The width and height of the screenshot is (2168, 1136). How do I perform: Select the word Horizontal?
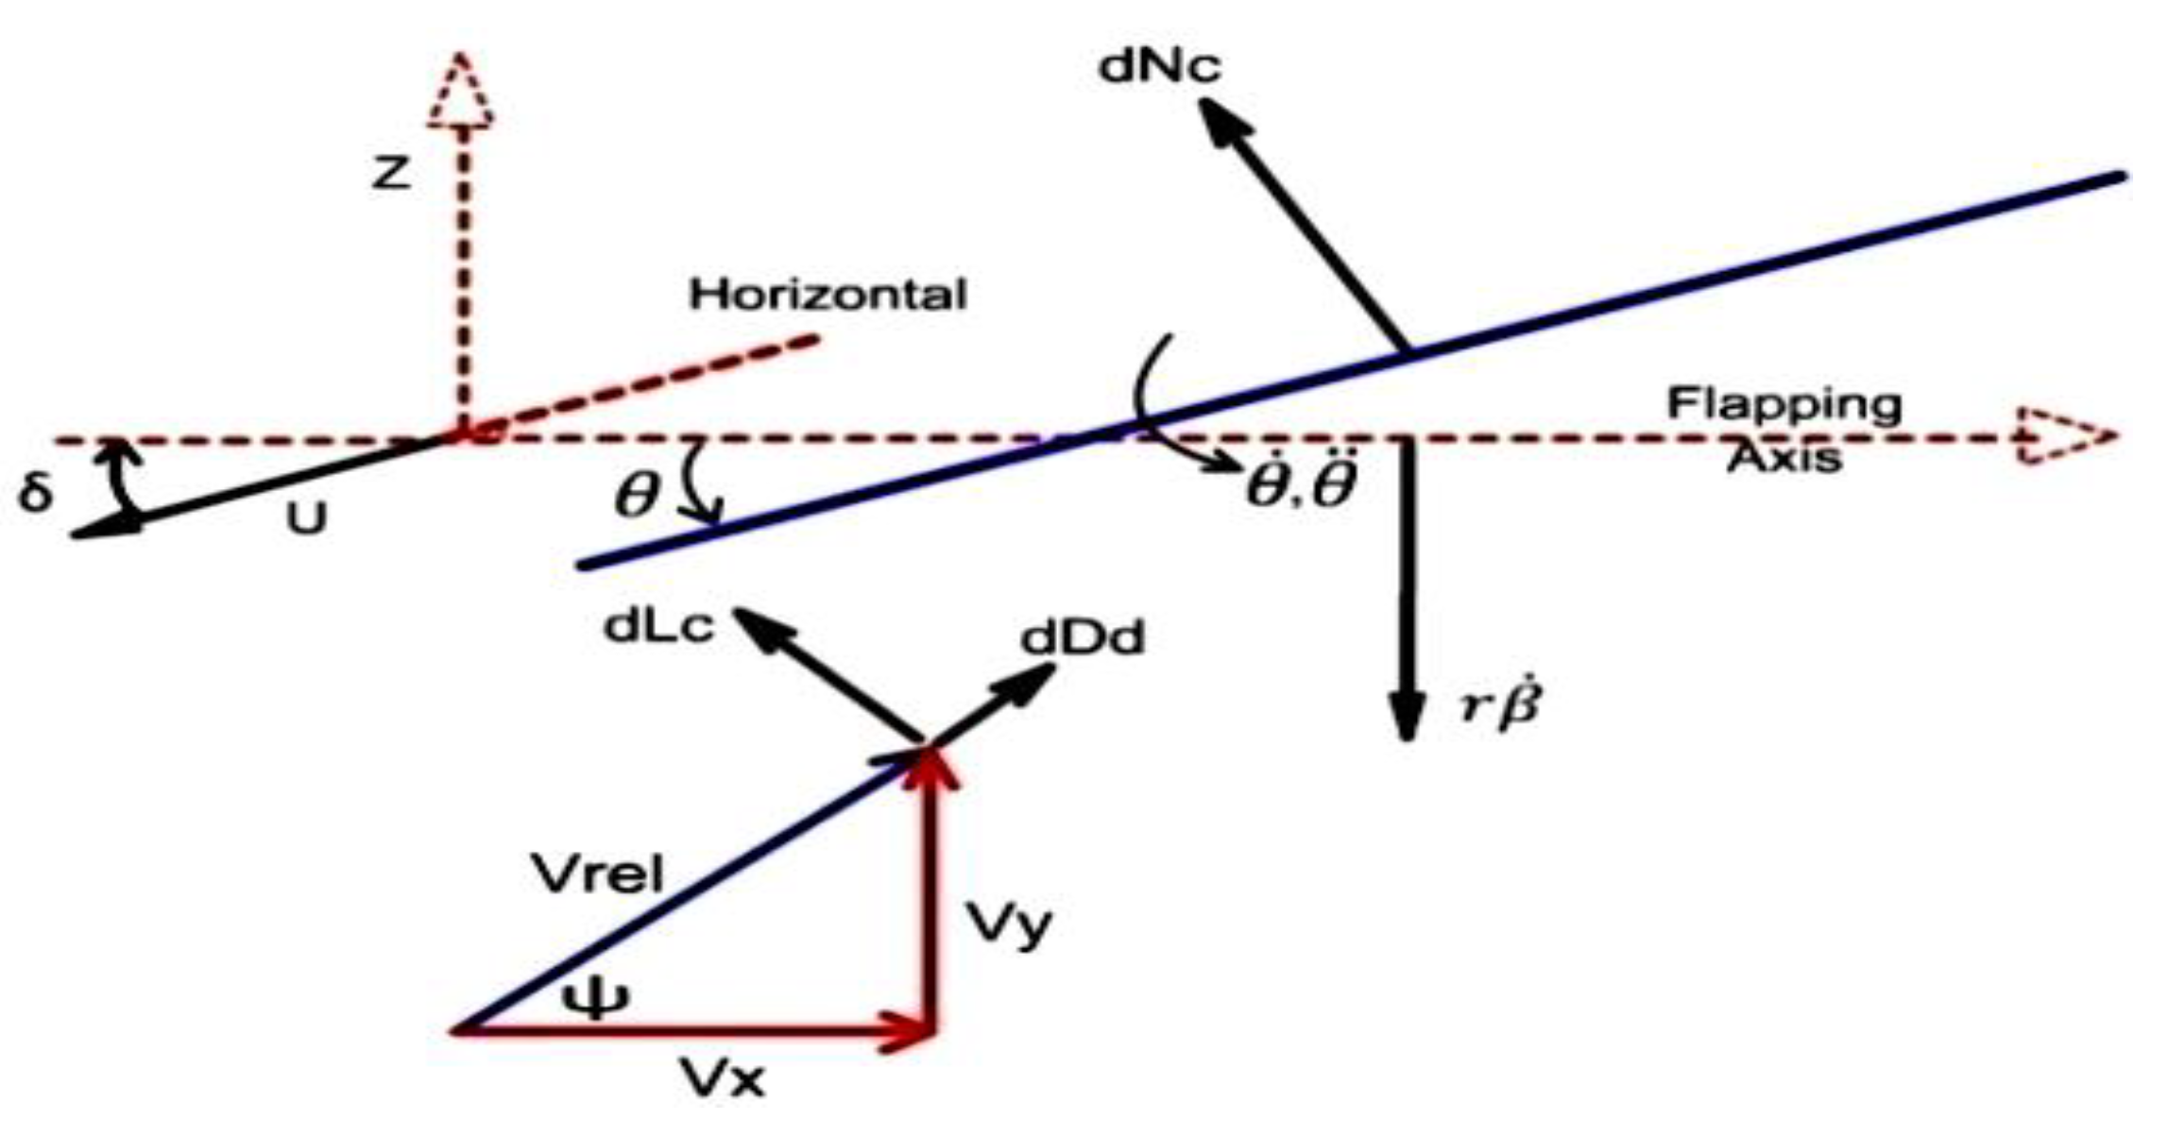coord(828,295)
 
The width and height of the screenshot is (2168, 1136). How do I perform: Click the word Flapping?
coord(1784,404)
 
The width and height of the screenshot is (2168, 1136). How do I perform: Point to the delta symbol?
coord(35,491)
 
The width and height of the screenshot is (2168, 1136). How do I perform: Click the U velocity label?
coord(307,518)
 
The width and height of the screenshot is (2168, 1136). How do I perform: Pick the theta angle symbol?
coord(635,496)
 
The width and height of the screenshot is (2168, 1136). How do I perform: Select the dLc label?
coord(658,628)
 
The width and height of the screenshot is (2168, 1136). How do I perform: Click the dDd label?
coord(1083,639)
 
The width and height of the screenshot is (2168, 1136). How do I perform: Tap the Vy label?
coord(1007,925)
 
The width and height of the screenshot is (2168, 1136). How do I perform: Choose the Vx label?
coord(723,1078)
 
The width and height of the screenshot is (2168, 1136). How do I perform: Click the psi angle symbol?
coord(594,998)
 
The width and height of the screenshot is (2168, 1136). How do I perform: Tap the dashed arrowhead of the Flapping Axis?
coord(2064,437)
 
